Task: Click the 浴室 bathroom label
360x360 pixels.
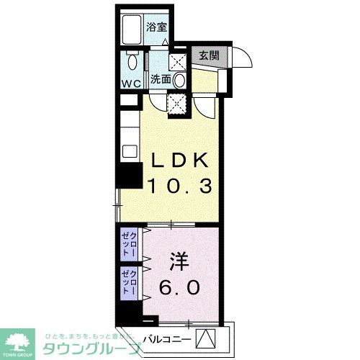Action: (157, 27)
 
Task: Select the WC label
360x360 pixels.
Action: (131, 83)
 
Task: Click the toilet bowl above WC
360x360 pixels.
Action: (131, 63)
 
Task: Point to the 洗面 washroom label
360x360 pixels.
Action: (161, 80)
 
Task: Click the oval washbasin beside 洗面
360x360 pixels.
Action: (180, 79)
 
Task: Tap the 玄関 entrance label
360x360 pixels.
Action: (209, 55)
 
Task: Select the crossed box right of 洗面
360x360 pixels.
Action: (181, 59)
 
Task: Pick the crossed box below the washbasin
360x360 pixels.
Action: (176, 104)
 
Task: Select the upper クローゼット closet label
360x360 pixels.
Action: (130, 245)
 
